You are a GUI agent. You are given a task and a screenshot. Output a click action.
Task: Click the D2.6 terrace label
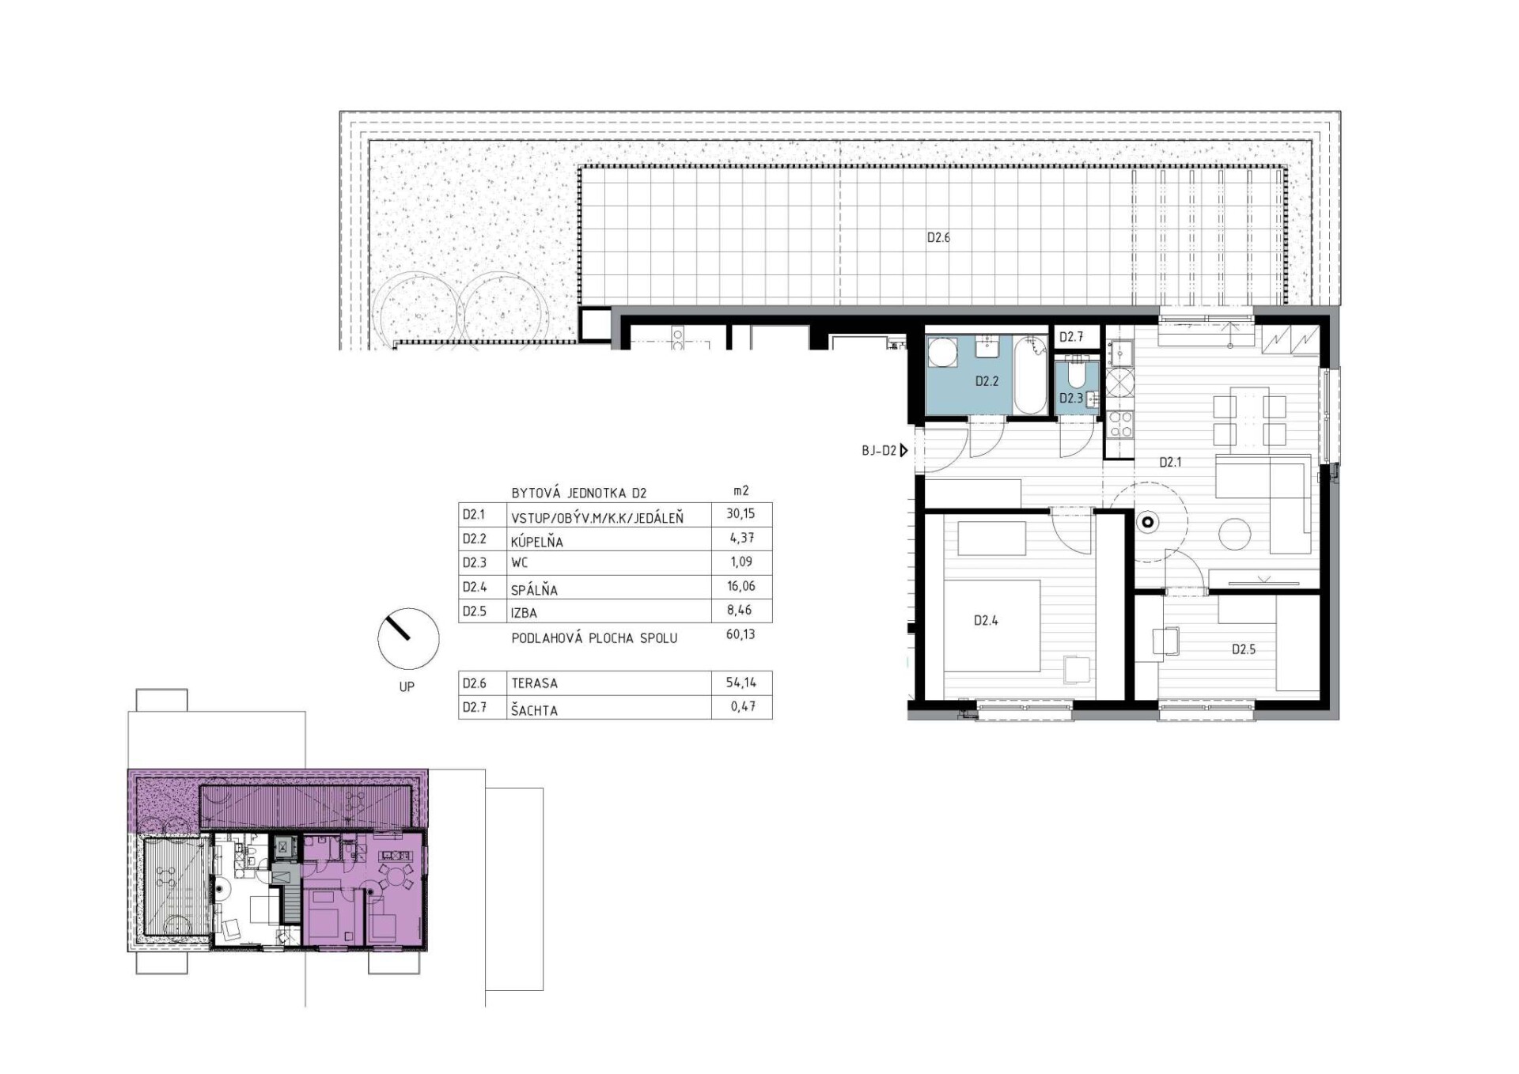point(938,237)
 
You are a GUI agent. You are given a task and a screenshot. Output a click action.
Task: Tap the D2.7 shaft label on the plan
point(1071,337)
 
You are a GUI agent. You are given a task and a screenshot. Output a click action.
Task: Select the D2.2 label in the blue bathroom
point(987,381)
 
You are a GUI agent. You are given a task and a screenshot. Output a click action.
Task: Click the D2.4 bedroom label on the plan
point(986,621)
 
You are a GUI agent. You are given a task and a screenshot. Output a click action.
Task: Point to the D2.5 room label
point(1244,649)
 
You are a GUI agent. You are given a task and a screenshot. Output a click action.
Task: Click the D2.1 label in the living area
point(1170,462)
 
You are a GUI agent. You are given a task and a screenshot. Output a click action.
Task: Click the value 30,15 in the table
point(741,513)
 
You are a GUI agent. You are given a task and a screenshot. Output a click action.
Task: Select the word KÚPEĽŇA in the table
point(537,542)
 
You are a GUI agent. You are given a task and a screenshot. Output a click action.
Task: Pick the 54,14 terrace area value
point(741,682)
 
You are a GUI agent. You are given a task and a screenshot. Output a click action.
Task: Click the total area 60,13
point(741,633)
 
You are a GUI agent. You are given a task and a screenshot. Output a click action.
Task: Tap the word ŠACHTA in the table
point(534,710)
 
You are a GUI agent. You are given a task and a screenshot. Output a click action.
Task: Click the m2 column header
point(741,491)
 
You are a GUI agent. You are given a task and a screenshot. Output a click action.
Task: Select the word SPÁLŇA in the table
point(534,589)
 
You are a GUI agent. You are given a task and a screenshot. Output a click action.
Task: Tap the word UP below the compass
point(407,686)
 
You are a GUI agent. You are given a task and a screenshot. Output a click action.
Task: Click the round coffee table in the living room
point(1234,534)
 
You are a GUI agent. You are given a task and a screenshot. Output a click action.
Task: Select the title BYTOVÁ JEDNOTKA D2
point(579,493)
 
